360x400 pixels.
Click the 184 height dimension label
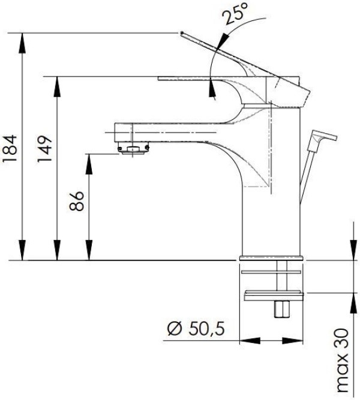point(10,148)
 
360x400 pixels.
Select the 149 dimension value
point(44,149)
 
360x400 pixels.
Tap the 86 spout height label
point(76,201)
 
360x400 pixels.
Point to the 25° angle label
point(235,13)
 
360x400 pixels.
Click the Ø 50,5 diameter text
point(196,328)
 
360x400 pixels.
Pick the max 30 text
point(343,360)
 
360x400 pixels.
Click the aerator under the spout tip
point(133,149)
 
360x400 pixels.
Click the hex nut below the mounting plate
point(282,309)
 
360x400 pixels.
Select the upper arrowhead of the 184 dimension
point(22,43)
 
